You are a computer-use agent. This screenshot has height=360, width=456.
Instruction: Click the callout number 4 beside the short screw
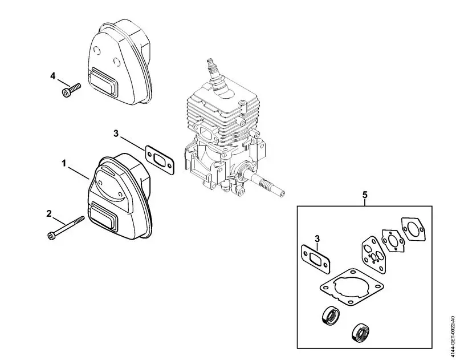tap(52, 75)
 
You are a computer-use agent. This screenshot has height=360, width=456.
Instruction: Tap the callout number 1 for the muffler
tap(64, 163)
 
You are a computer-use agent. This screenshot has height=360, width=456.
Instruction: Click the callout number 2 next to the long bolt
tap(50, 214)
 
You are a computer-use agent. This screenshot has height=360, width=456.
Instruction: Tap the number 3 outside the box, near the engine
tap(116, 134)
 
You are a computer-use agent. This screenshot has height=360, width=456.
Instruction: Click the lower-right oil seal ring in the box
tap(360, 331)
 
